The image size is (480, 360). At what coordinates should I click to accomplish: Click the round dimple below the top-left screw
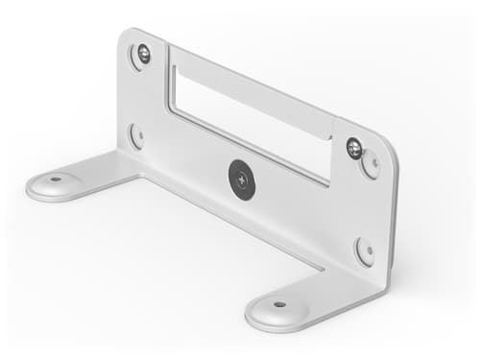coord(136,135)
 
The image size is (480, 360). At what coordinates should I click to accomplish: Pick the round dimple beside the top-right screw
coord(370,165)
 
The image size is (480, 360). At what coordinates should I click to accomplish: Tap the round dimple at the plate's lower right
coord(365,252)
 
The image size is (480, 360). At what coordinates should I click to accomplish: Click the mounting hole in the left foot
coord(56,179)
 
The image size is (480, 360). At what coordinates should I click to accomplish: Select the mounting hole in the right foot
coord(279,304)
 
